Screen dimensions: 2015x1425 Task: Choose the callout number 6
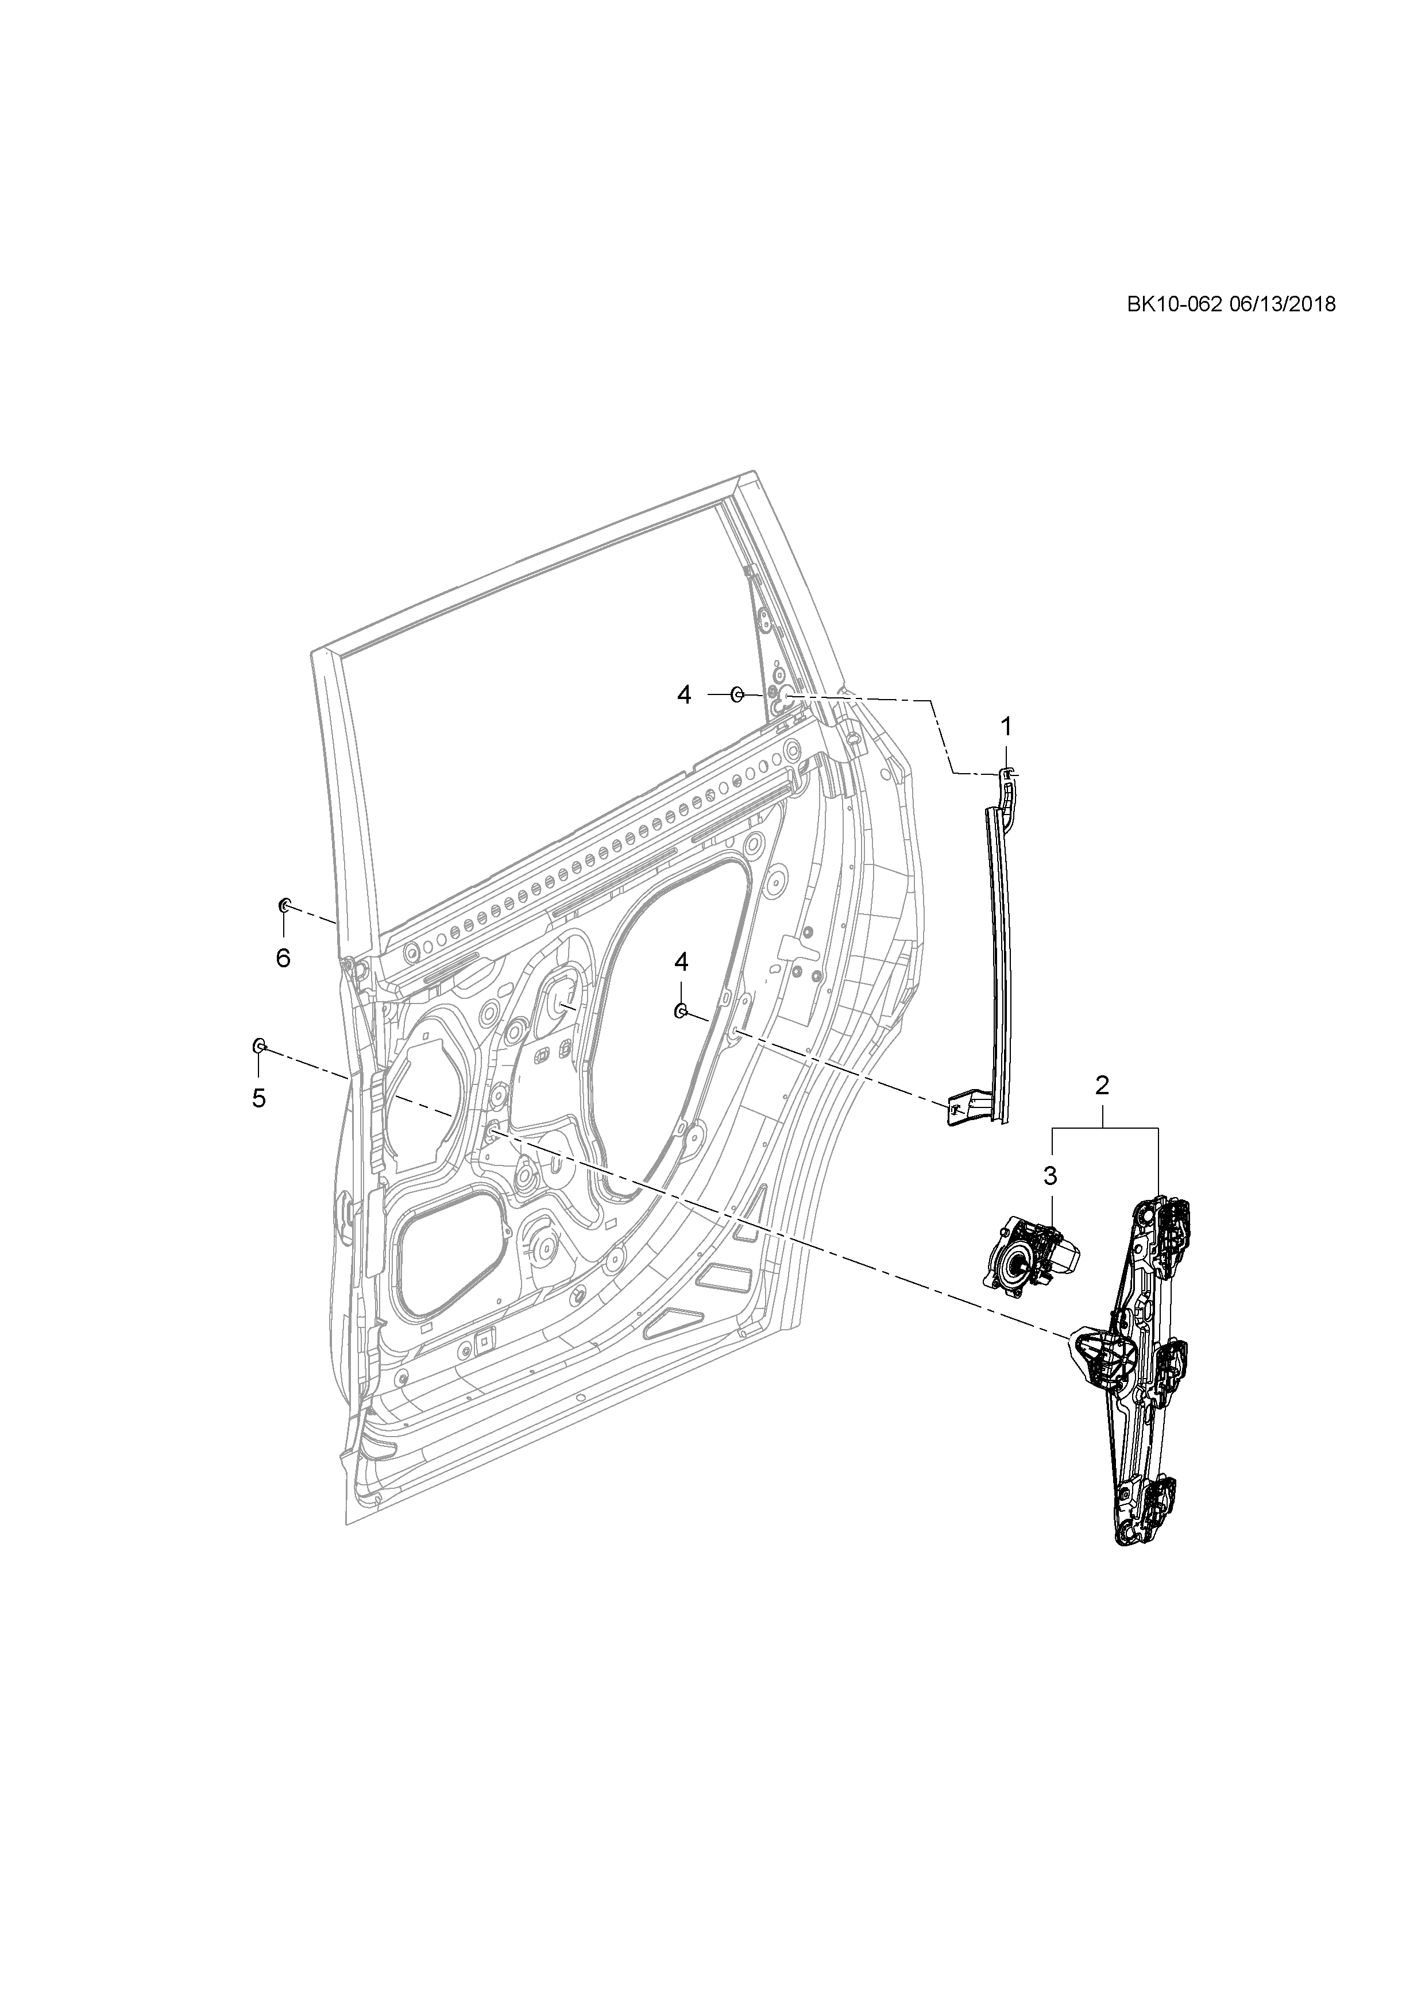(x=283, y=958)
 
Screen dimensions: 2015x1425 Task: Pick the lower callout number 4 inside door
(x=681, y=962)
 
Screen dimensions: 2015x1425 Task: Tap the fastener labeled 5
(x=260, y=1045)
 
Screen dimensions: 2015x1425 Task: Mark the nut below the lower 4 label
(x=680, y=1012)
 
